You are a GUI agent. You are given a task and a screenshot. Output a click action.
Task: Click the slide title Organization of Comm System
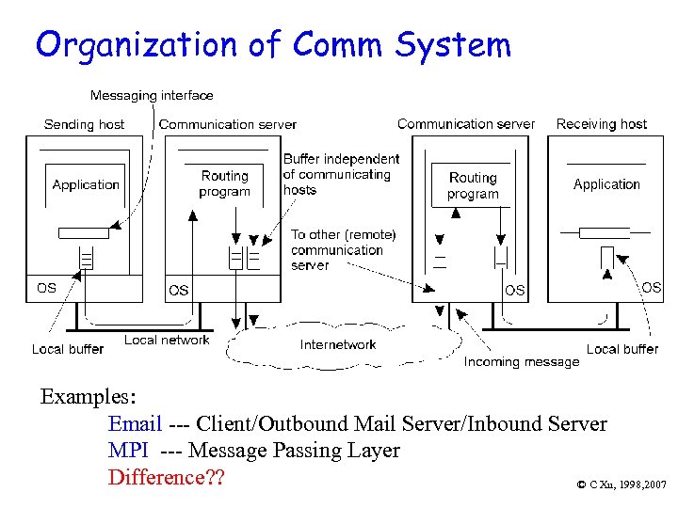(273, 44)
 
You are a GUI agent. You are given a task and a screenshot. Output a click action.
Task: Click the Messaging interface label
(152, 95)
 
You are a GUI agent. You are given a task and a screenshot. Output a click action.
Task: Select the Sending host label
(84, 124)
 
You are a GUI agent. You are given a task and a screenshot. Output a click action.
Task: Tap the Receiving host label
(601, 123)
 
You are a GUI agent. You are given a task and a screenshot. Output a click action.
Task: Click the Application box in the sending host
(86, 184)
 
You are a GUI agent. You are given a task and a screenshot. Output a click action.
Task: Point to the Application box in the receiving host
(606, 184)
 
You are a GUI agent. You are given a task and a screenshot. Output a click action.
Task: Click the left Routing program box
(224, 183)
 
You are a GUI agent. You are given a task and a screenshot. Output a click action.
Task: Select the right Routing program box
(473, 185)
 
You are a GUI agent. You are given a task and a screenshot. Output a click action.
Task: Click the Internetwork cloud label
(338, 344)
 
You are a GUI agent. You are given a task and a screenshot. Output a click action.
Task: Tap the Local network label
(167, 340)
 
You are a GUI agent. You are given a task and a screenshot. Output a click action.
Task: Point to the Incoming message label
(522, 361)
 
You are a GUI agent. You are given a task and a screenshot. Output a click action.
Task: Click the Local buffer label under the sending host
(68, 349)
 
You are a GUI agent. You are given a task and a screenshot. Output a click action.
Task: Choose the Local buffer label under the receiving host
(622, 349)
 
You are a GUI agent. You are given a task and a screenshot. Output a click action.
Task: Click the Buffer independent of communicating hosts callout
(341, 174)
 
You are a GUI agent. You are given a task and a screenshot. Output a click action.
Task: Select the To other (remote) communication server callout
(343, 250)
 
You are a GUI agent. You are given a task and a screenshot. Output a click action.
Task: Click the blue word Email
(136, 424)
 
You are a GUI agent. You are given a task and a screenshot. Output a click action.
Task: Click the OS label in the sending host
(46, 288)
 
